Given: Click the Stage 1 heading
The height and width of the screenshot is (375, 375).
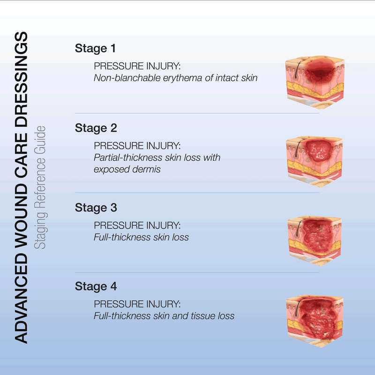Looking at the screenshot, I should (95, 48).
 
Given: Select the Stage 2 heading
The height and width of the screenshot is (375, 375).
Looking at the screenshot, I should (96, 127).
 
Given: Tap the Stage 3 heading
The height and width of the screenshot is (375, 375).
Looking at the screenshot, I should (96, 207).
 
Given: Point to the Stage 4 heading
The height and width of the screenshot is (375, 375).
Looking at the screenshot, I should (96, 286).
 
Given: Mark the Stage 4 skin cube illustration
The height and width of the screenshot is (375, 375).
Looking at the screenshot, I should (315, 319).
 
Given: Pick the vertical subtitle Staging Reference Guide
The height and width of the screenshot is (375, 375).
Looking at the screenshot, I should (42, 187).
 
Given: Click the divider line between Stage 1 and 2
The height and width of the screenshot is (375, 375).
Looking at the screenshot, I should (197, 113).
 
